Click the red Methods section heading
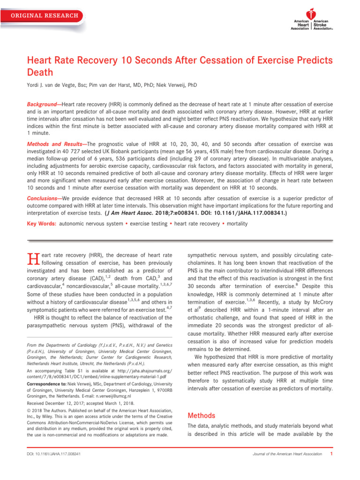tap(201, 415)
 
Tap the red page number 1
tap(331, 454)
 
